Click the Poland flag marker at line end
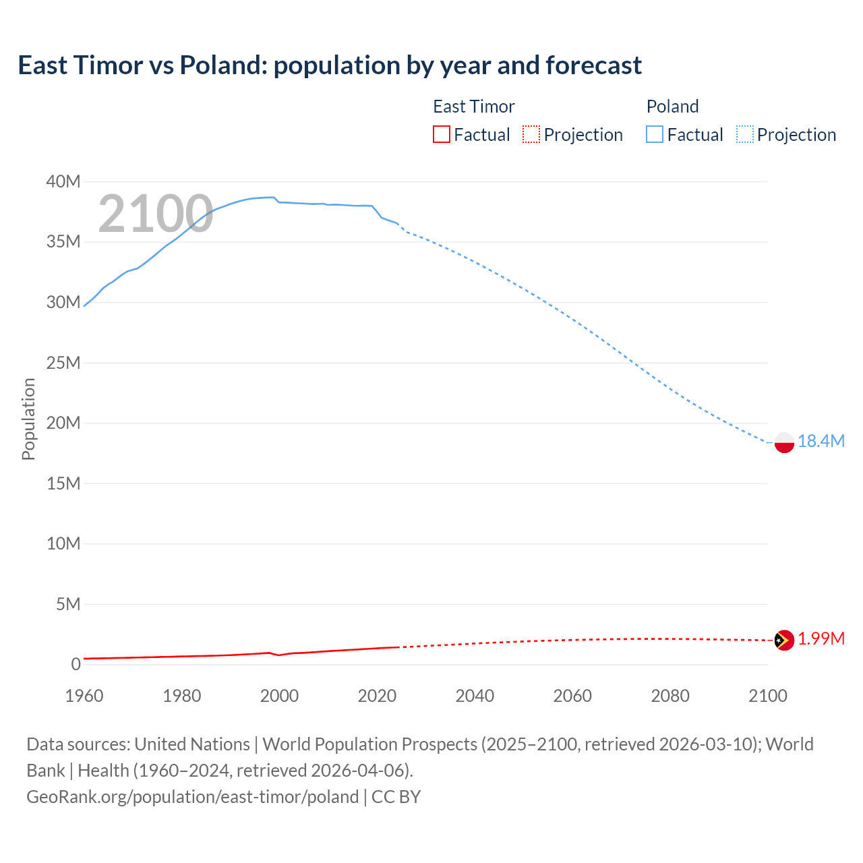point(784,442)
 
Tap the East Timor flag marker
point(784,640)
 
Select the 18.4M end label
point(821,441)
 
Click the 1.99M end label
point(821,638)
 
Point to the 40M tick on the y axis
point(63,181)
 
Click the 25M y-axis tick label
point(63,363)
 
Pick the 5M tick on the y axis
point(67,604)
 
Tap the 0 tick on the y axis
point(76,664)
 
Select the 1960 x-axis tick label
point(84,696)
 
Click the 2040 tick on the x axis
point(475,696)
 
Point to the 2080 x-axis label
point(670,696)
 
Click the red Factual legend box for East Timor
point(441,134)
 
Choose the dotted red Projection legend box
point(531,134)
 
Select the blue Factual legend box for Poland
point(654,134)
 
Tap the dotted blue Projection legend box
point(744,134)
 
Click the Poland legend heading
point(672,107)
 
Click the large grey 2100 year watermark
point(156,214)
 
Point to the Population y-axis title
point(28,419)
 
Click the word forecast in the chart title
point(593,65)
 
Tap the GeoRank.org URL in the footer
point(192,796)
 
